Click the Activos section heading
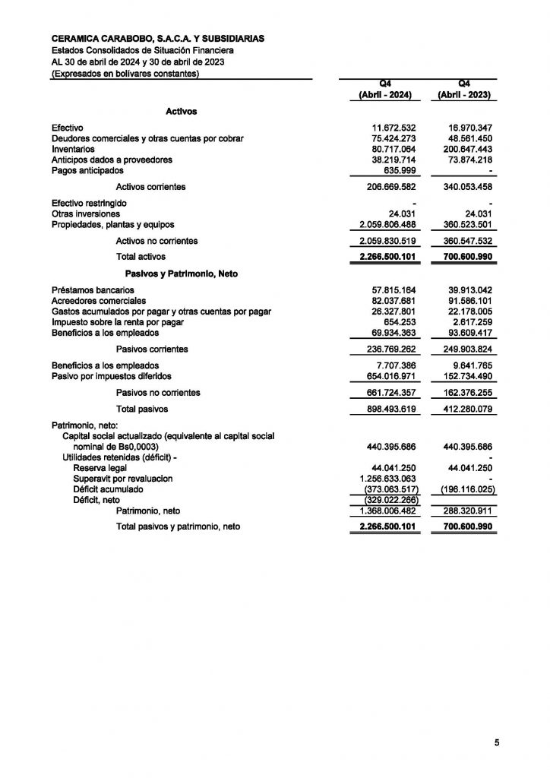click(x=181, y=111)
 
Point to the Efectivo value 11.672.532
click(x=393, y=127)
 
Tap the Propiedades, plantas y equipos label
click(x=112, y=225)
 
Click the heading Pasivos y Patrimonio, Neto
click(x=181, y=274)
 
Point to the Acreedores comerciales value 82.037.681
click(x=393, y=301)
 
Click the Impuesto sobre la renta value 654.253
click(x=400, y=322)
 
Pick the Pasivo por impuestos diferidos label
click(x=111, y=376)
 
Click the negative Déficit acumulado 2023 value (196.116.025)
click(x=466, y=490)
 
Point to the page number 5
click(x=497, y=743)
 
